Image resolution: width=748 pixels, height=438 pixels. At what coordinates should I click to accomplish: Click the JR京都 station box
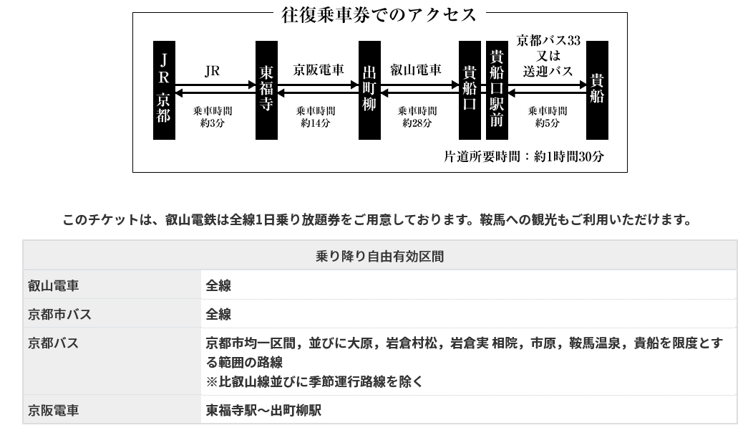(x=164, y=90)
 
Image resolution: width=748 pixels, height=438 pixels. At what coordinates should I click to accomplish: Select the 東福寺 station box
(x=266, y=90)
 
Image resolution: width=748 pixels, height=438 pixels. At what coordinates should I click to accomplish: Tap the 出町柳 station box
(x=369, y=90)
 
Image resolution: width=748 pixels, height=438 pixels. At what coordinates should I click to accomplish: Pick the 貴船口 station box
(x=470, y=90)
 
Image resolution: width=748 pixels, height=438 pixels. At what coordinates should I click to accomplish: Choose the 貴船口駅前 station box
(x=497, y=90)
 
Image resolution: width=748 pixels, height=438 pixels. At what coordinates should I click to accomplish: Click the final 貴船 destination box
(x=597, y=90)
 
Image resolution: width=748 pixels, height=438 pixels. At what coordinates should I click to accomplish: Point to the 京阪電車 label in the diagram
(x=319, y=70)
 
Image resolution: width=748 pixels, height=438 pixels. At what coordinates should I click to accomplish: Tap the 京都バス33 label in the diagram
(x=548, y=39)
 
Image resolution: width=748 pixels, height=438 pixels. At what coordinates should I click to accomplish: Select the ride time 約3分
(x=213, y=123)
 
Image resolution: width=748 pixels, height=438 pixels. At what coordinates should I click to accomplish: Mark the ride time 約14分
(x=316, y=123)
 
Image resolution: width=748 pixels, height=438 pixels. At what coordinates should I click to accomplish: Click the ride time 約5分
(x=548, y=123)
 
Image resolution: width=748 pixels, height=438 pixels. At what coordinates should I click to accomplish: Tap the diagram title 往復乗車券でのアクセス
(x=379, y=14)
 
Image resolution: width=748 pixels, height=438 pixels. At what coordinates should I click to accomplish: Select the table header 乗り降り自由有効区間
(x=379, y=256)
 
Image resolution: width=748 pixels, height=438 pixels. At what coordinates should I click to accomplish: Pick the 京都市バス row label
(x=60, y=314)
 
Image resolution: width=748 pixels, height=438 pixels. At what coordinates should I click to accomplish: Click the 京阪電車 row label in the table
(x=54, y=411)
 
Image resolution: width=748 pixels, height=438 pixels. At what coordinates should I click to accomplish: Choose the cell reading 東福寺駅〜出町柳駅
(x=263, y=411)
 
